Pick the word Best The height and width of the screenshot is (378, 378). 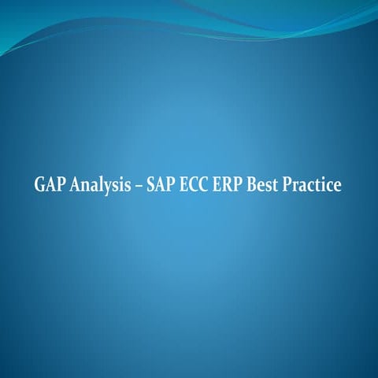(x=269, y=186)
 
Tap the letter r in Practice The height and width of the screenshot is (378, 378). (x=300, y=187)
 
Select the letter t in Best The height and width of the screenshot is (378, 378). (x=281, y=187)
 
